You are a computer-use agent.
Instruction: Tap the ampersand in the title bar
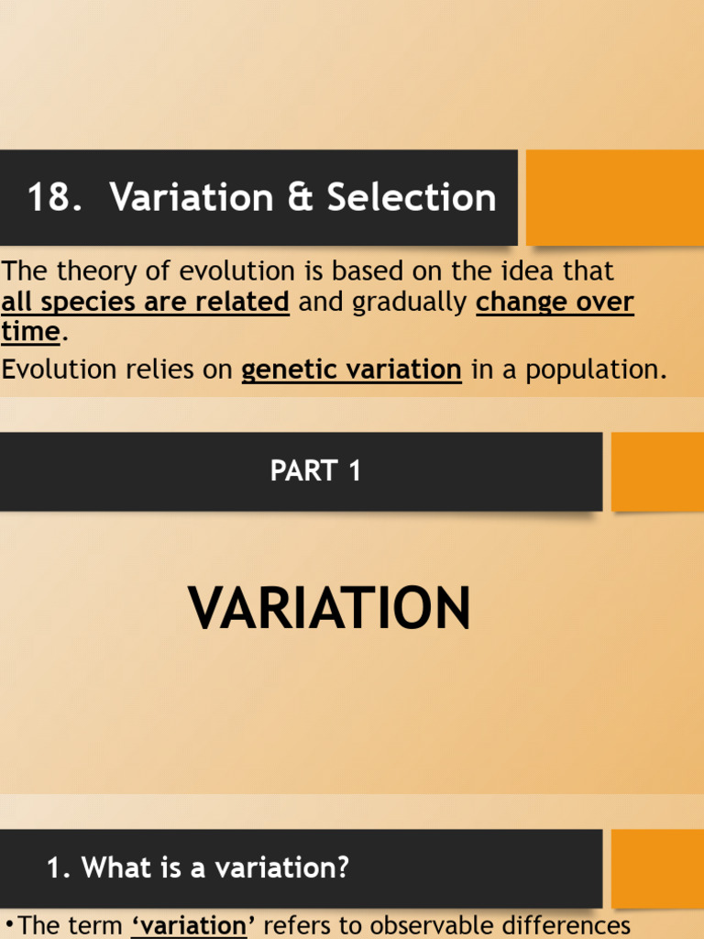click(x=300, y=198)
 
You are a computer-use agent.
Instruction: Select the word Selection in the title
click(x=412, y=198)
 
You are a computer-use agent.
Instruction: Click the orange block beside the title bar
click(x=614, y=197)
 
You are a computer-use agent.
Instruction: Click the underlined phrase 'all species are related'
click(x=146, y=302)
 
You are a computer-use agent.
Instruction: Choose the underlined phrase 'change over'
click(x=555, y=302)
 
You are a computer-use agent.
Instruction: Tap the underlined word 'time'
click(x=30, y=331)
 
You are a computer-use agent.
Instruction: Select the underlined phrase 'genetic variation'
click(x=351, y=370)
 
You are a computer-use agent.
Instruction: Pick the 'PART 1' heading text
click(x=316, y=471)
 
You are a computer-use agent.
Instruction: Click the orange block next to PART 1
click(x=657, y=471)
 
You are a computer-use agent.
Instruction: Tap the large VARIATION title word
click(x=329, y=608)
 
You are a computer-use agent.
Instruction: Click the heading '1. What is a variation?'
click(x=198, y=867)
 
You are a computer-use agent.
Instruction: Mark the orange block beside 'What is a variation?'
click(x=657, y=867)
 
